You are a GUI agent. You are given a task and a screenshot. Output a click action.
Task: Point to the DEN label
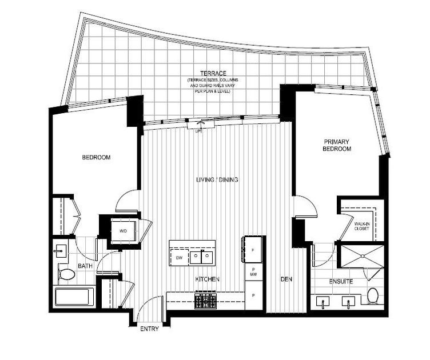pyautogui.click(x=286, y=279)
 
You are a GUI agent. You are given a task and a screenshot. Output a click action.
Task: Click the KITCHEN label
pyautogui.click(x=208, y=279)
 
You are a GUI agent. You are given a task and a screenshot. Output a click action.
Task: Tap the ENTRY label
pyautogui.click(x=149, y=329)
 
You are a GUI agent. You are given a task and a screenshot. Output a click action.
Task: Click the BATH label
pyautogui.click(x=85, y=266)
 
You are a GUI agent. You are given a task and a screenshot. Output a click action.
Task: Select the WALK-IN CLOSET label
pyautogui.click(x=361, y=226)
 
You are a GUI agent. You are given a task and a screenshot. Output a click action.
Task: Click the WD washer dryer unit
pyautogui.click(x=123, y=230)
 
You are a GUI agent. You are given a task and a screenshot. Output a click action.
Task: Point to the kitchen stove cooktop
pyautogui.click(x=205, y=299)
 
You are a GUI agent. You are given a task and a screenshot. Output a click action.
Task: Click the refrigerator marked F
pyautogui.click(x=252, y=249)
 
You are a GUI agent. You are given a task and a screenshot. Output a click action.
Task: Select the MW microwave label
pyautogui.click(x=252, y=275)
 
